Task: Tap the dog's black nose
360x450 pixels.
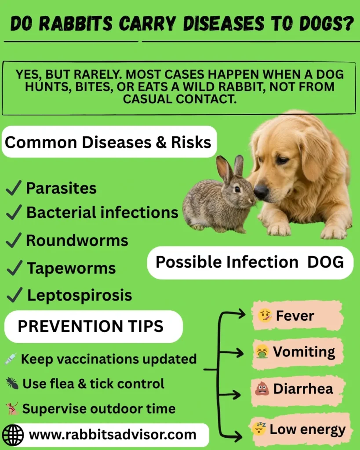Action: point(261,191)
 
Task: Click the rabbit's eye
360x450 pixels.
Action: point(237,189)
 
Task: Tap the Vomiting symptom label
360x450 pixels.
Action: point(303,352)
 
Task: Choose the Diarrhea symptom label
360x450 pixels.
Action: point(302,389)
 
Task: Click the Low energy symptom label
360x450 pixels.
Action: point(307,429)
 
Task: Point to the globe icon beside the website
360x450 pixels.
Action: point(13,435)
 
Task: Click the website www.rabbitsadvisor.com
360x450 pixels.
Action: point(112,435)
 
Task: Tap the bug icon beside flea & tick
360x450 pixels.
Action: point(11,384)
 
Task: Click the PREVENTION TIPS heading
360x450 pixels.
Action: point(90,327)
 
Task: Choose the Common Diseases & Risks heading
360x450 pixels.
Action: point(108,142)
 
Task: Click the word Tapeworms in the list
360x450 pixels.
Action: point(71,269)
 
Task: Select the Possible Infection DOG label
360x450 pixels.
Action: point(250,262)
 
